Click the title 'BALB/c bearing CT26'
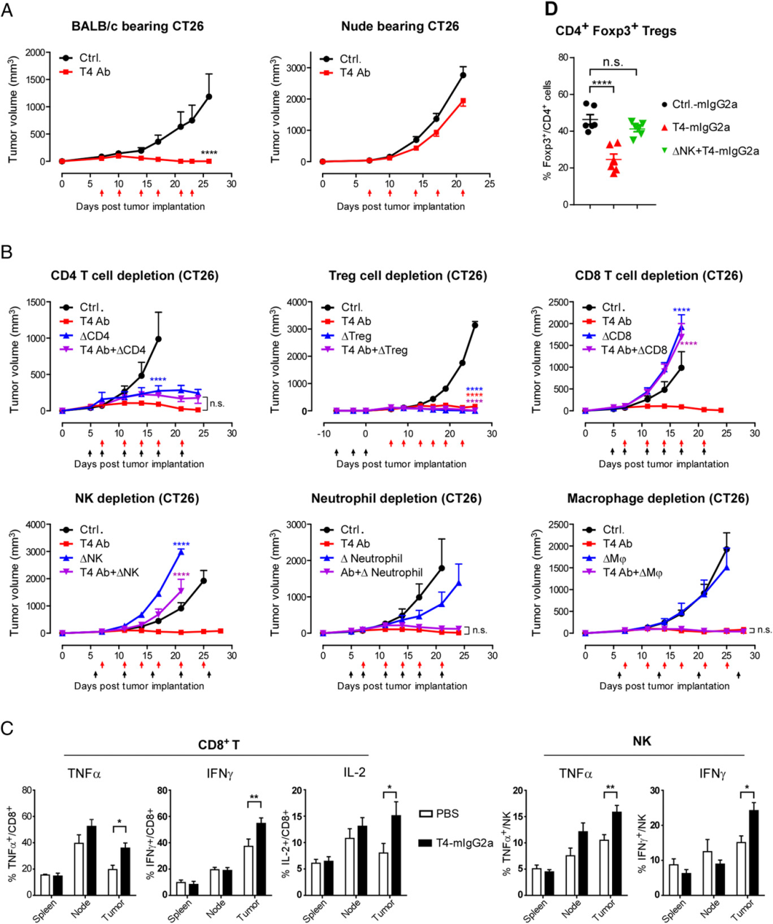pos(137,26)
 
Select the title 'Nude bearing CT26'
pos(400,26)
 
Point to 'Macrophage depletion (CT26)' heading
pos(658,498)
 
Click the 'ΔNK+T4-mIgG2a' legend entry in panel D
pos(715,151)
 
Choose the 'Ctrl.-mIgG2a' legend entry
pos(704,104)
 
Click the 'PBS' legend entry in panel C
pos(447,814)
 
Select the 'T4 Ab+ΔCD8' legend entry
pos(633,350)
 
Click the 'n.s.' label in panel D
pos(613,62)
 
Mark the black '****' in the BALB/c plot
pos(209,153)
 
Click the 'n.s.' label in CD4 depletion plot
pos(217,404)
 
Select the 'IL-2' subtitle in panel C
pos(354,774)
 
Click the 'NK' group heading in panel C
pos(642,741)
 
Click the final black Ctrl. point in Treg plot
pos(475,325)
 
